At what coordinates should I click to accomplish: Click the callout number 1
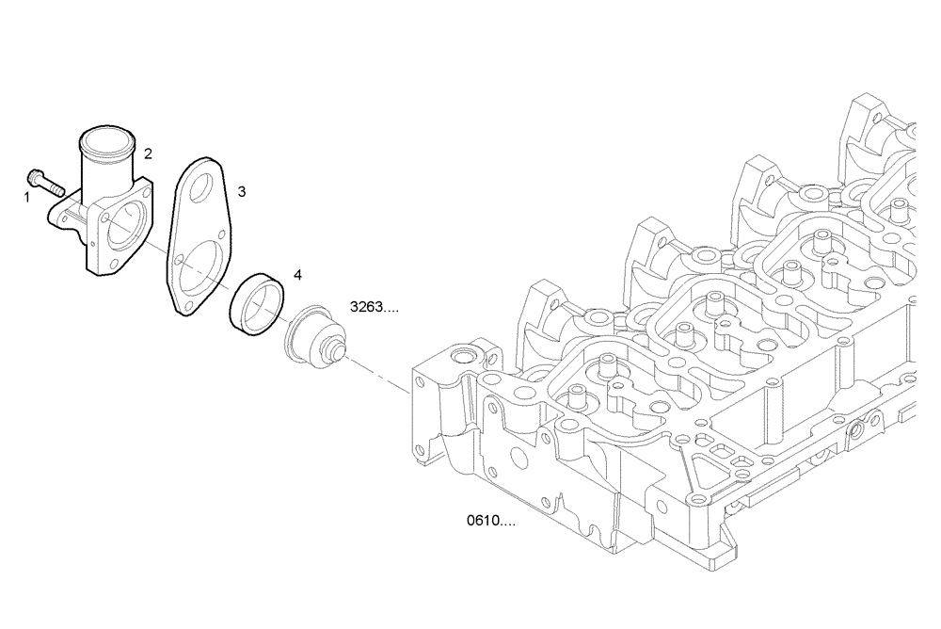[x=27, y=198]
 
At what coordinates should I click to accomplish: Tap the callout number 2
[x=148, y=153]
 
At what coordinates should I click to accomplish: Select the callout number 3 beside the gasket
[x=242, y=192]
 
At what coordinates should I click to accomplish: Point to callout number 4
[x=297, y=275]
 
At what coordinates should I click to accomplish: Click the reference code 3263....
[x=374, y=307]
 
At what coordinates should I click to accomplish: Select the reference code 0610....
[x=490, y=520]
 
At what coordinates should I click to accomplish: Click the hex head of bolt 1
[x=35, y=176]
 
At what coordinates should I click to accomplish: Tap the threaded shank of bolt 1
[x=55, y=186]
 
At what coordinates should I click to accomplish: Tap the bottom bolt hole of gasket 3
[x=188, y=305]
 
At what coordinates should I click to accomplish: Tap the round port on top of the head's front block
[x=463, y=358]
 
